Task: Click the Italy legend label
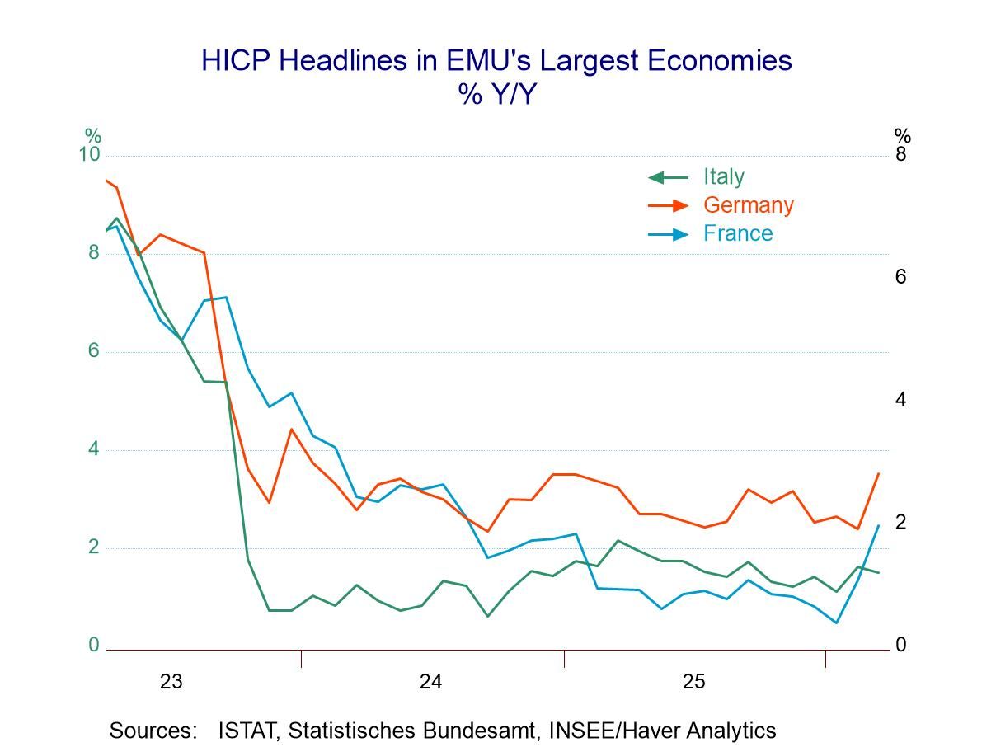click(723, 177)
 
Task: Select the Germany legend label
click(748, 205)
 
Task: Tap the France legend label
click(738, 233)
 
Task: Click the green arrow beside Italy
click(668, 177)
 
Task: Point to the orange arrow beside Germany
click(668, 205)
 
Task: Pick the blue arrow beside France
click(668, 234)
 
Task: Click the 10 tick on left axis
click(89, 156)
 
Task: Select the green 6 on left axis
click(94, 351)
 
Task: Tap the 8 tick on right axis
click(901, 155)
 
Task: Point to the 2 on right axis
click(901, 522)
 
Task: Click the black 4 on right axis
click(901, 400)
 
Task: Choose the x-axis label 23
click(171, 682)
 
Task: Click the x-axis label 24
click(430, 682)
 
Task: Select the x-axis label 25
click(693, 682)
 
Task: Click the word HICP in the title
click(236, 61)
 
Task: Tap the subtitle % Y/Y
click(497, 95)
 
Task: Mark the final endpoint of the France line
click(878, 525)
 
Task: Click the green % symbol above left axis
click(93, 135)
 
